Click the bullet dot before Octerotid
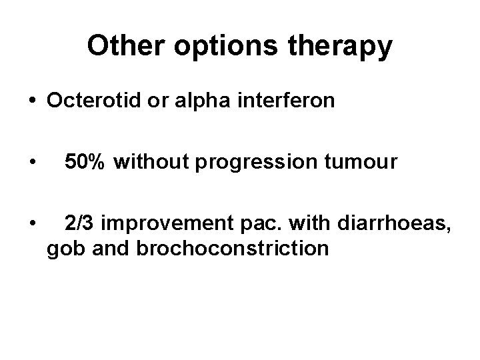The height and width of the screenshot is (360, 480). pyautogui.click(x=32, y=101)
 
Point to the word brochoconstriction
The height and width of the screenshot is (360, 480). pyautogui.click(x=232, y=249)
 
